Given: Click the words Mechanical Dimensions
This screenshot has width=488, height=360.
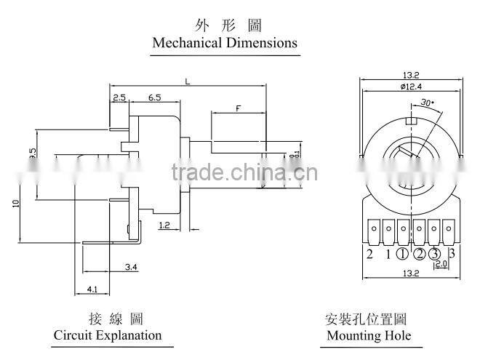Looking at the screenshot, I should [225, 42].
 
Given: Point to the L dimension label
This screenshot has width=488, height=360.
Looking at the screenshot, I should [188, 82].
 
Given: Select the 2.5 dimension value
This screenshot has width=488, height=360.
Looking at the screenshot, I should [119, 97].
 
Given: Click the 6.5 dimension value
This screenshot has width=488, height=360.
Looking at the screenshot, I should [154, 97].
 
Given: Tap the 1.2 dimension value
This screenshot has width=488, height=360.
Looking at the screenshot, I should [164, 226].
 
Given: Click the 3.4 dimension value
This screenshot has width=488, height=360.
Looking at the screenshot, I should [132, 268].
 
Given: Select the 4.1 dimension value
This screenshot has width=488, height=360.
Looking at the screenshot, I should [92, 289].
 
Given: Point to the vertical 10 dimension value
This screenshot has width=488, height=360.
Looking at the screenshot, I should [15, 204].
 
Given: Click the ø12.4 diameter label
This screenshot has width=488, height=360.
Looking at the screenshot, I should [412, 87].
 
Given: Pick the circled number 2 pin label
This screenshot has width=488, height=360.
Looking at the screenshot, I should [419, 254].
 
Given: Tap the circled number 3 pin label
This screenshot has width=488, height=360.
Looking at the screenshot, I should [435, 254].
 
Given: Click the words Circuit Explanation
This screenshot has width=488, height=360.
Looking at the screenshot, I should [108, 335].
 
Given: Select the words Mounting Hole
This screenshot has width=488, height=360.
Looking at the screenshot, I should [369, 335].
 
